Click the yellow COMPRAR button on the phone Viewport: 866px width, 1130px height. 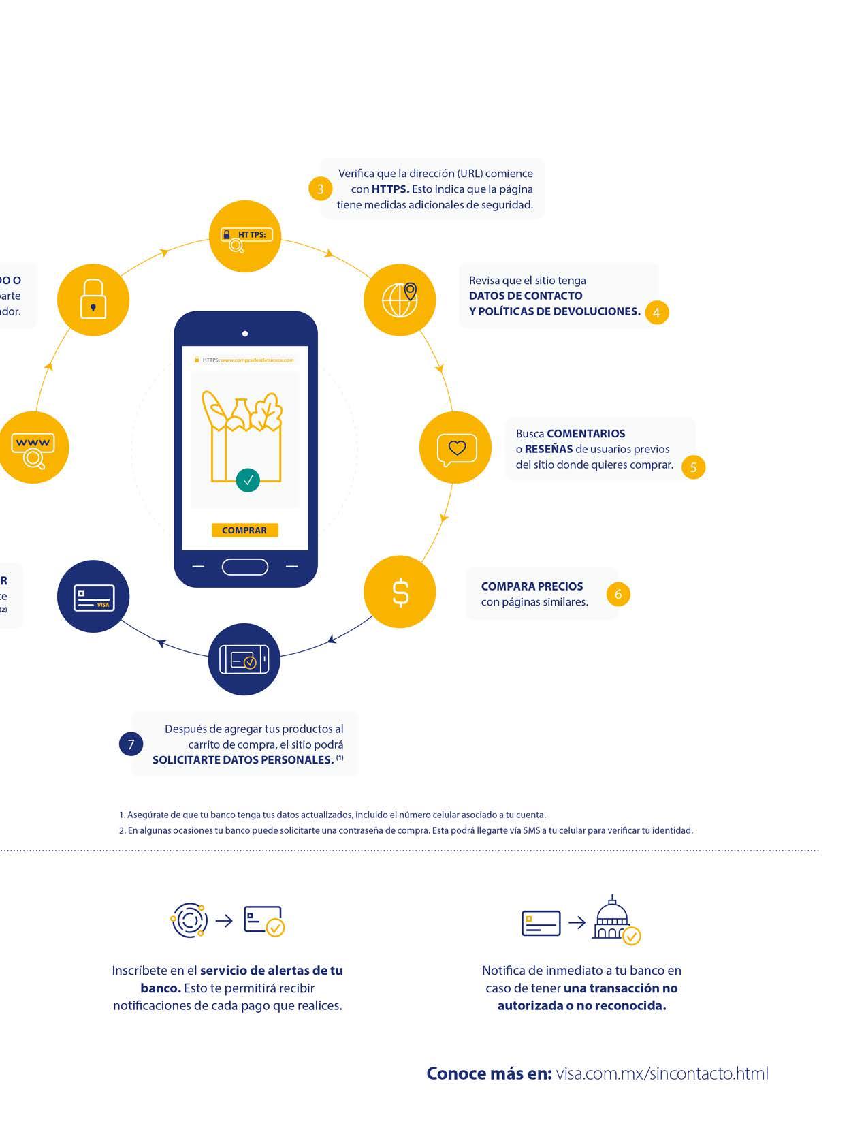pos(244,530)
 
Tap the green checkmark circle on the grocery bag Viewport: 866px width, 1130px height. pos(248,480)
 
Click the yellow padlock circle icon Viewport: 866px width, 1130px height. pos(93,300)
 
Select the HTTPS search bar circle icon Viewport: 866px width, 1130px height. pos(244,236)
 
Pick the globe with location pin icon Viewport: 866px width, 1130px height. pos(400,300)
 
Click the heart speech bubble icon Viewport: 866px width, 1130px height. pos(455,448)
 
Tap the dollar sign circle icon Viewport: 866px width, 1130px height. pos(400,592)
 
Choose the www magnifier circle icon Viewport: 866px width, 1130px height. pos(33,448)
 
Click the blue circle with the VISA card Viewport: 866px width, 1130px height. pos(93,597)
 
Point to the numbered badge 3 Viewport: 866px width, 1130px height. pos(321,189)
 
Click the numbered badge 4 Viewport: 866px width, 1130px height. pos(657,313)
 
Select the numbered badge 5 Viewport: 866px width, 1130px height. pos(694,467)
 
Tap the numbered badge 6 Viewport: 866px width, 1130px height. pos(618,594)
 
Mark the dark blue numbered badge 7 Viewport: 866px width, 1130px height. pos(131,744)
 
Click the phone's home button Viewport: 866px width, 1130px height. pos(245,567)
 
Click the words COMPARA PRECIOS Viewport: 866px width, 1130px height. pos(532,586)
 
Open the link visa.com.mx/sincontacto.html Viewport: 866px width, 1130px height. pos(662,1073)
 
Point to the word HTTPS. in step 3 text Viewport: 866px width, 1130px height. pos(390,189)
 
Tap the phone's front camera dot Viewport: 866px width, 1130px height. pos(245,334)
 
